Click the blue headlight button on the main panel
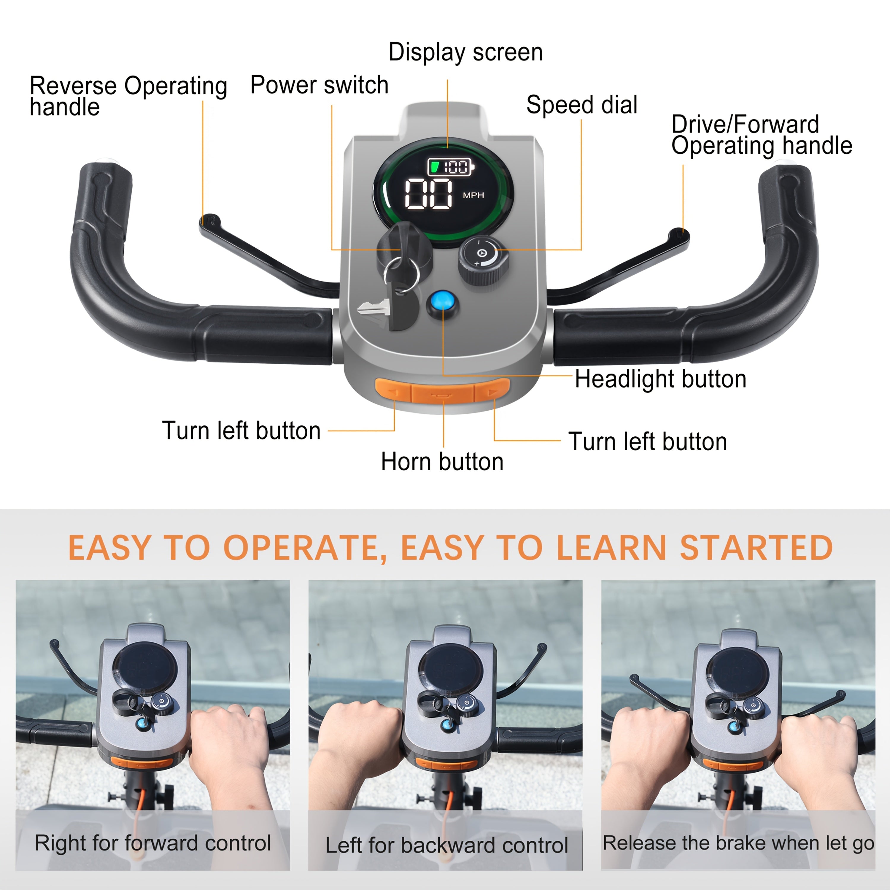[x=443, y=302]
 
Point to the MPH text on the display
[x=473, y=195]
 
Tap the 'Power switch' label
[x=319, y=85]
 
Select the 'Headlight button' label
[x=661, y=379]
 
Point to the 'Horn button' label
[x=442, y=462]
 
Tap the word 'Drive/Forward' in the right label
[x=745, y=124]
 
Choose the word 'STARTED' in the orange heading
[x=757, y=548]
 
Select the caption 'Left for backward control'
[x=446, y=845]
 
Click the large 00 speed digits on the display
[x=428, y=193]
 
